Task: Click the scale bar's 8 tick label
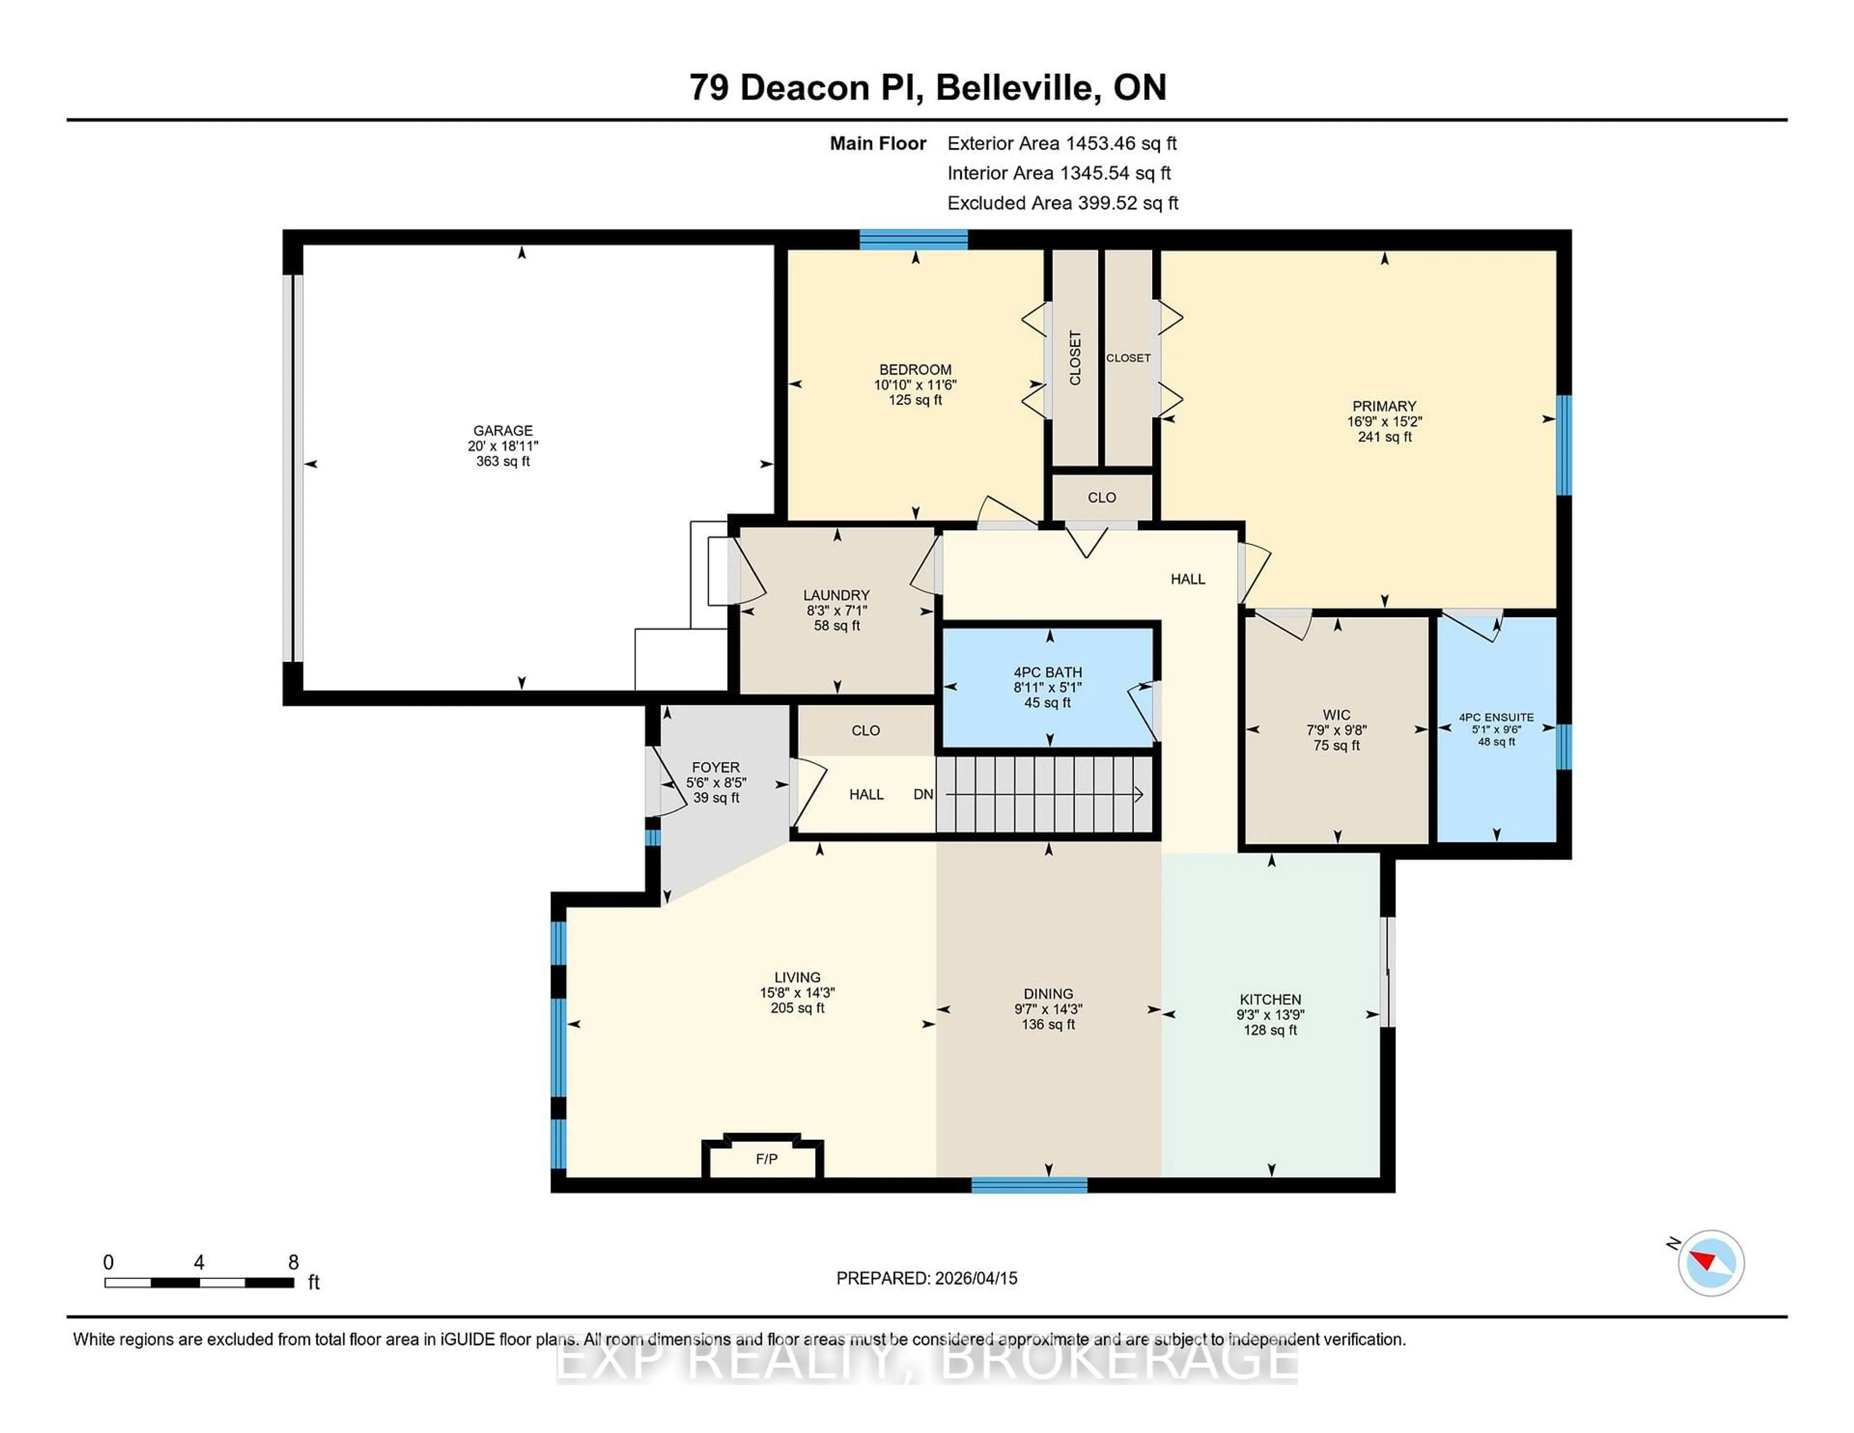(293, 1263)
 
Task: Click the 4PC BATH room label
(1048, 673)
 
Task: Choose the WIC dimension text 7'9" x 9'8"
(1336, 730)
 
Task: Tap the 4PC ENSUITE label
(1496, 717)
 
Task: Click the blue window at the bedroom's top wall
(913, 239)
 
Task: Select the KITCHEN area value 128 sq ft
(1270, 1030)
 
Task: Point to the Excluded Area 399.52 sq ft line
(1062, 203)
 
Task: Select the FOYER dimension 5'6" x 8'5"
(716, 783)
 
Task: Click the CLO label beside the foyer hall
(865, 730)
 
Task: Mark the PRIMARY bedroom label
(1384, 406)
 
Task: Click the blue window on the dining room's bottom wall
(1029, 1185)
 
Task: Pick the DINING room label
(1048, 993)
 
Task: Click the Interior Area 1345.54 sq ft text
(1059, 173)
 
